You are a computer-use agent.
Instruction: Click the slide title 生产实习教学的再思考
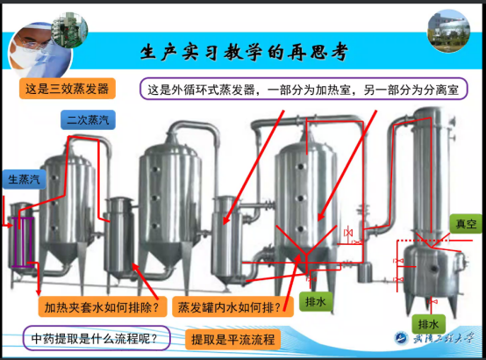(x=244, y=52)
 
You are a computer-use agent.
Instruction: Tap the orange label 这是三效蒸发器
(x=68, y=89)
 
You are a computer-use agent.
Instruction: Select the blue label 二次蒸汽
(x=88, y=119)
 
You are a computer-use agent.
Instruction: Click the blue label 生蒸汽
(x=25, y=179)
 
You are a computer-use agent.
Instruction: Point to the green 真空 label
(x=466, y=224)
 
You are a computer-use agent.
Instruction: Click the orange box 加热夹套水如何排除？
(x=103, y=307)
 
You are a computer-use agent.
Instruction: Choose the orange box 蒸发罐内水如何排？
(x=232, y=307)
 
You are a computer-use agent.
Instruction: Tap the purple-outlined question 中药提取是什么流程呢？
(x=96, y=338)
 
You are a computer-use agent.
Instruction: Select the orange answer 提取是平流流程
(x=233, y=340)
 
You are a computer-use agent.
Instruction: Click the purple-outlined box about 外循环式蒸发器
(x=304, y=89)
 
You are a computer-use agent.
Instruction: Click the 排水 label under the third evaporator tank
(x=316, y=301)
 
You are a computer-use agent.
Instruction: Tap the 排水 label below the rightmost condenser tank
(x=429, y=325)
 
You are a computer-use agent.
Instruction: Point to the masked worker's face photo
(x=39, y=51)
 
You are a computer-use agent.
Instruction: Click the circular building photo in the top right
(x=448, y=31)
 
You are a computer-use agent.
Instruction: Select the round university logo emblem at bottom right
(x=402, y=338)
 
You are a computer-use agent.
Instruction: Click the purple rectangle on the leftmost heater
(x=23, y=242)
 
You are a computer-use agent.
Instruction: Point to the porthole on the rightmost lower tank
(x=434, y=268)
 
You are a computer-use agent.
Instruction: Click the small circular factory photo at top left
(x=70, y=30)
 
